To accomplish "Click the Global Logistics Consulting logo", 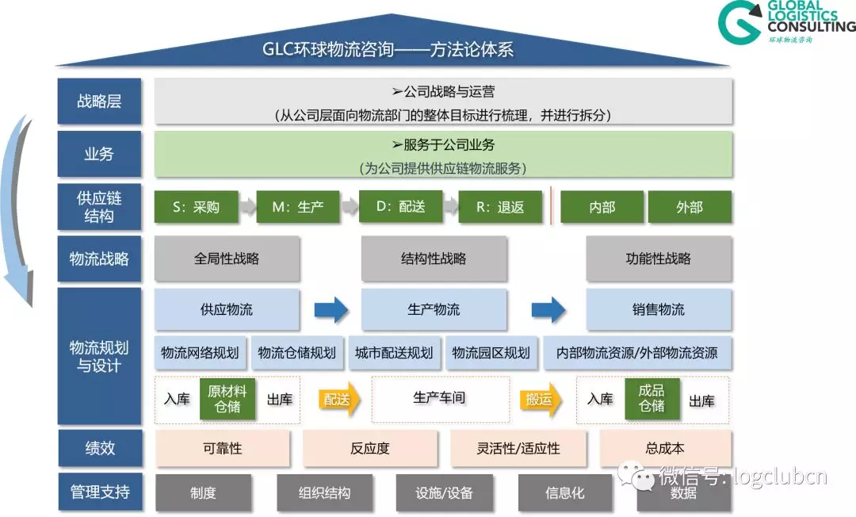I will coord(785,22).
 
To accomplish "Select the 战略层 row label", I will coord(99,101).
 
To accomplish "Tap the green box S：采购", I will coord(196,207).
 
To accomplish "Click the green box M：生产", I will coord(298,207).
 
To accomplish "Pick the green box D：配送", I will coord(400,206).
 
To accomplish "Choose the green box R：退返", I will coord(500,207).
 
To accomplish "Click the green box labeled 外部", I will coord(689,207).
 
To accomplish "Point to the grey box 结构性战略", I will coord(434,258).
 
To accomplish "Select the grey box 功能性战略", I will coord(658,258).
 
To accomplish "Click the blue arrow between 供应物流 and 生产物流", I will coord(331,309).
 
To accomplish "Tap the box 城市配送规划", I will coord(394,353).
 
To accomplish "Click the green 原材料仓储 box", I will coord(227,399).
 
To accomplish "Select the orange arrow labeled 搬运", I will coord(541,400).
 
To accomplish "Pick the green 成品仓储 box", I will coord(652,399).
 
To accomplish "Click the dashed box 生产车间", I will coord(441,399).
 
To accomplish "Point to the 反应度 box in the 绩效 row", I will coord(370,448).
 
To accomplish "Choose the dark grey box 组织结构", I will coord(324,492).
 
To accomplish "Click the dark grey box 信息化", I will coord(565,492).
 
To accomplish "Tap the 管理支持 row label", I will coord(99,492).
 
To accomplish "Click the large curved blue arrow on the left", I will coord(17,214).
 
